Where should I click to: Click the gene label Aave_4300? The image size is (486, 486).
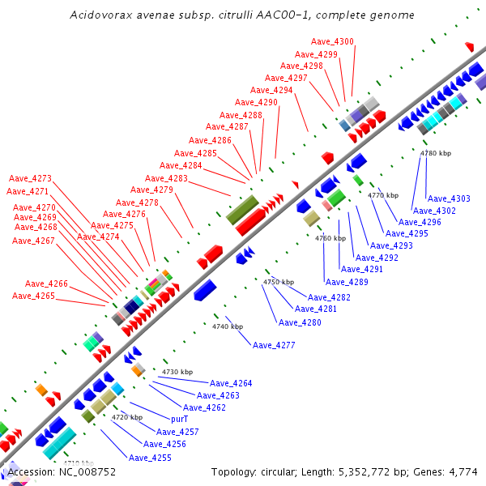332,41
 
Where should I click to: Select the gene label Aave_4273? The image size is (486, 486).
30,178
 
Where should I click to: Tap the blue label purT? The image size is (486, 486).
179,420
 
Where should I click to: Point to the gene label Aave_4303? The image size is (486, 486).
449,198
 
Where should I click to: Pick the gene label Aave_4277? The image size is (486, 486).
274,345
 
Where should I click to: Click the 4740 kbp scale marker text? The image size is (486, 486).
228,326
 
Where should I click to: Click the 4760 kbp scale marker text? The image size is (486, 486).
330,239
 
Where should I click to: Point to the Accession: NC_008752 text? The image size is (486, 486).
62,471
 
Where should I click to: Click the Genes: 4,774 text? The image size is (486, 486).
449,471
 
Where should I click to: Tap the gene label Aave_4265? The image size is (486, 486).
33,296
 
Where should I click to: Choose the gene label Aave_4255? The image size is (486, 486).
150,458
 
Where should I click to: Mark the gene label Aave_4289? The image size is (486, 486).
347,282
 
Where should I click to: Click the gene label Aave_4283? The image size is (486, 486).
166,178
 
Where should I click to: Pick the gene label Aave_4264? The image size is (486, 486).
231,383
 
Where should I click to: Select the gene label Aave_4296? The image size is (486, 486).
420,222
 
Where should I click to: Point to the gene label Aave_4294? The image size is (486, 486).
271,90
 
